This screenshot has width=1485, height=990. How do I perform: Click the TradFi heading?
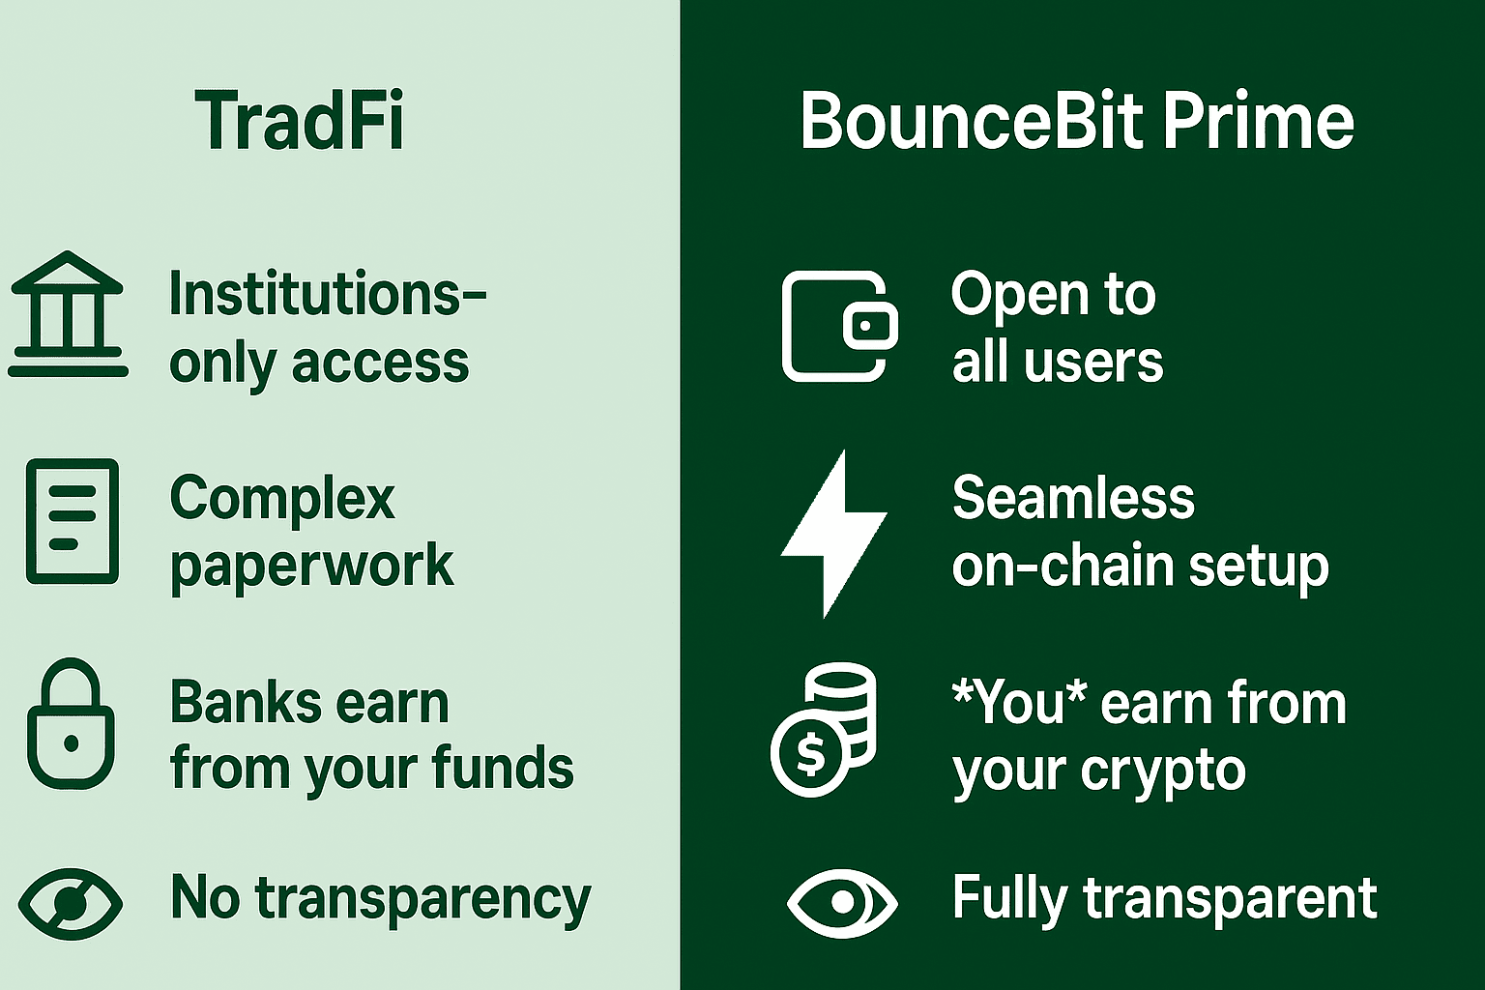point(300,122)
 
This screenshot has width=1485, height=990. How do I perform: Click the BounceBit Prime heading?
point(1077,122)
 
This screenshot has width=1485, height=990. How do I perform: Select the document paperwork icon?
point(73,521)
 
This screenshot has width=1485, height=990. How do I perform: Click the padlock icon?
point(71,723)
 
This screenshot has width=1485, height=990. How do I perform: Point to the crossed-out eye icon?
point(71,903)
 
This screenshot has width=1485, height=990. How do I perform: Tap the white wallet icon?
point(839,326)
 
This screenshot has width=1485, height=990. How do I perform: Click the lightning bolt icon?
point(834,534)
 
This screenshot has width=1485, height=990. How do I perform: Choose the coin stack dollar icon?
point(823,729)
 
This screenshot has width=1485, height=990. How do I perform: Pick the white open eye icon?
point(842,903)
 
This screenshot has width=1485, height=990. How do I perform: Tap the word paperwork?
point(311,568)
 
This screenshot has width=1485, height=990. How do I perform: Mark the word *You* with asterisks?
point(1019,702)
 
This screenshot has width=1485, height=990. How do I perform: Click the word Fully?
point(1009,900)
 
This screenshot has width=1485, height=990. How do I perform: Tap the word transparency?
point(422,900)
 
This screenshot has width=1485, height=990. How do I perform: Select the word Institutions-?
point(328,293)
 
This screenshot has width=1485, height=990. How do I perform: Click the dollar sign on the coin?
point(810,755)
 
